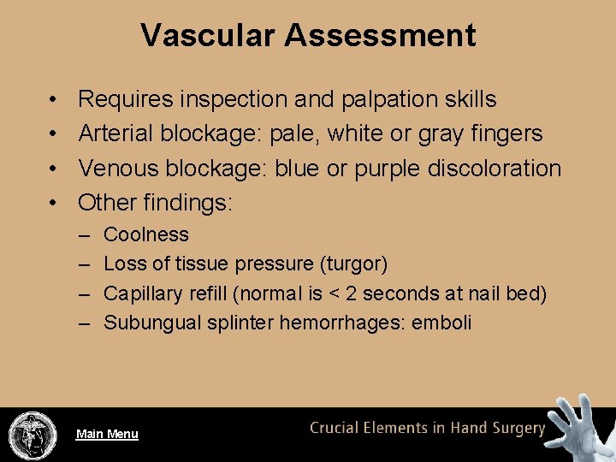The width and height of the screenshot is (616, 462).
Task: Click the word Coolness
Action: (x=146, y=234)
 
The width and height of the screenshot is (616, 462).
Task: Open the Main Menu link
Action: (x=107, y=434)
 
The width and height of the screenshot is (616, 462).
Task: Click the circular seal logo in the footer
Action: (x=33, y=435)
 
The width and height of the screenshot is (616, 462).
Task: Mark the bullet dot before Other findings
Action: (x=53, y=203)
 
